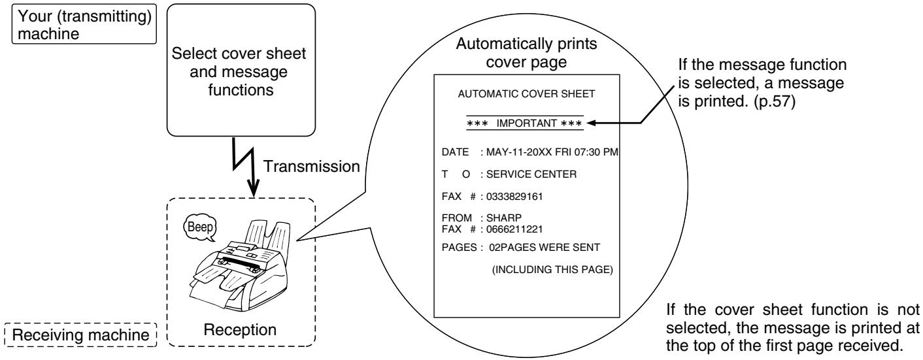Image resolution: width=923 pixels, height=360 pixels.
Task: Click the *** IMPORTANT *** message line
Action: point(526,122)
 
